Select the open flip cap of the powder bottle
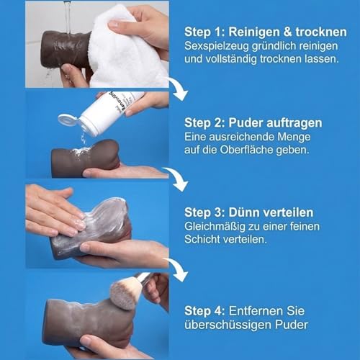(x=70, y=120)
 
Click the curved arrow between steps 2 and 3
(x=175, y=176)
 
